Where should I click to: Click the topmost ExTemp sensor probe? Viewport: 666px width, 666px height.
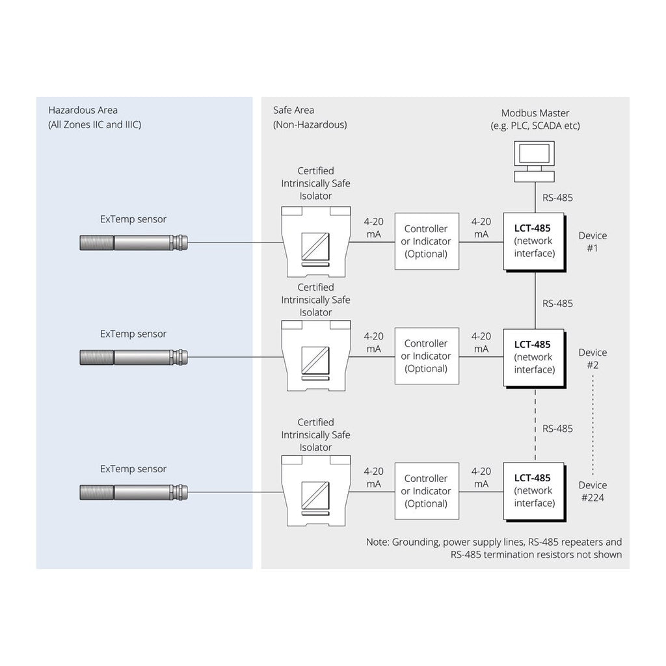(x=133, y=243)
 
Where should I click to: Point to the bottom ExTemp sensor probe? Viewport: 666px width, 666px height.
(x=133, y=492)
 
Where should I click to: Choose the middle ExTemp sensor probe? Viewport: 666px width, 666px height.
(x=133, y=356)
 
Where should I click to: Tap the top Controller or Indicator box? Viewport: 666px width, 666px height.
(x=426, y=241)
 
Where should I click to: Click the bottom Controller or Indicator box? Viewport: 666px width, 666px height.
(x=426, y=491)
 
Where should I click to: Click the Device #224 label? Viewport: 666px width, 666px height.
(x=593, y=491)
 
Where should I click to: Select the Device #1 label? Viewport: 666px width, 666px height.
(x=593, y=241)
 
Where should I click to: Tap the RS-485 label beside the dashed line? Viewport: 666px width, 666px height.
(x=557, y=429)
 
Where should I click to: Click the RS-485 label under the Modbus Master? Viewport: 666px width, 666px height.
(x=557, y=198)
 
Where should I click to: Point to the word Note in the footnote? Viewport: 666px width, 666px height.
(x=377, y=542)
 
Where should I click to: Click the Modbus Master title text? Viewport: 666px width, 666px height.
(x=535, y=113)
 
